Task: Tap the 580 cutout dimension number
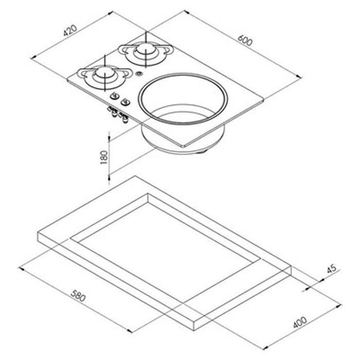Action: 78,296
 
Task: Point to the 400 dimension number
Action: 299,322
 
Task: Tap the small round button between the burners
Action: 137,74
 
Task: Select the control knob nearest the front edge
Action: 123,102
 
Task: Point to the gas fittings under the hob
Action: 117,114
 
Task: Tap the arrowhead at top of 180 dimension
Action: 109,135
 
